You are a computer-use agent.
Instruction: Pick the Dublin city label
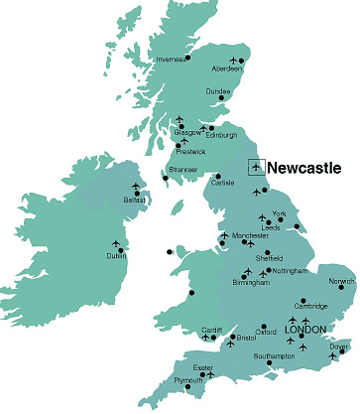coord(116,256)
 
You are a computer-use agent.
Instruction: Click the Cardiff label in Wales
coord(212,330)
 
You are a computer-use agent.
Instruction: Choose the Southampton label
coord(274,355)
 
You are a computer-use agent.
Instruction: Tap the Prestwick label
coord(191,152)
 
